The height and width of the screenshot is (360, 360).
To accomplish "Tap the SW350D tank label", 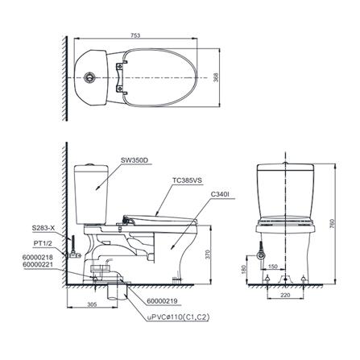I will coord(134,160).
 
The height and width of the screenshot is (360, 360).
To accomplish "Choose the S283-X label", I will coord(44,228).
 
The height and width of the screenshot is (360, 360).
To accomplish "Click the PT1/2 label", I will coord(43,241).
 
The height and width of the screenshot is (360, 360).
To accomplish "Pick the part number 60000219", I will coord(163,300).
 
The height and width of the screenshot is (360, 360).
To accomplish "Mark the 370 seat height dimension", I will coord(207,253).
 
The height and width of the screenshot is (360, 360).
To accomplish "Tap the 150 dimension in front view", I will coord(273,266).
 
